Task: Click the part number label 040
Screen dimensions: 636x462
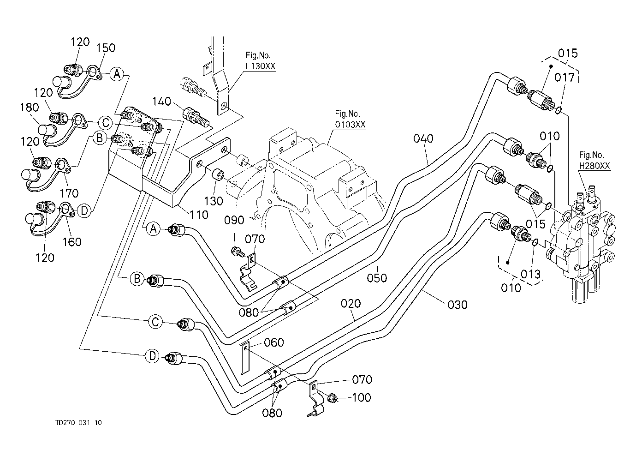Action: coord(423,138)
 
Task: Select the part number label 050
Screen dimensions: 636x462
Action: coord(377,278)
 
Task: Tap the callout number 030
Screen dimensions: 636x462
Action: coord(458,305)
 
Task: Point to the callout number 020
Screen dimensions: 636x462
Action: coord(351,304)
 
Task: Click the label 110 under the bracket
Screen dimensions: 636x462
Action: coord(199,215)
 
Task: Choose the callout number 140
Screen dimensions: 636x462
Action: coord(161,102)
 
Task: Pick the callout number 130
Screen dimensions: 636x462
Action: coord(214,201)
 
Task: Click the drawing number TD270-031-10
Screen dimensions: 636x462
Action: coord(78,423)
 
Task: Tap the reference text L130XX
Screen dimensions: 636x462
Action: coord(261,66)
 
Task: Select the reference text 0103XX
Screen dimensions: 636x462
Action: coord(350,125)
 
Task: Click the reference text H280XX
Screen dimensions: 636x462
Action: coord(594,166)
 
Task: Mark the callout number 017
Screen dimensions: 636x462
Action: coord(565,77)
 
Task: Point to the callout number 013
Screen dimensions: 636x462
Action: coord(530,274)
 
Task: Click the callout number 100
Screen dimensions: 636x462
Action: coord(362,398)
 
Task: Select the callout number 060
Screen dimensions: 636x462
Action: coord(273,342)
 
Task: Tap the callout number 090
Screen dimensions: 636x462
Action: coord(234,220)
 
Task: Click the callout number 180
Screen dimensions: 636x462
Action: coord(29,108)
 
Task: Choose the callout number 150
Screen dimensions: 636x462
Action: coord(106,48)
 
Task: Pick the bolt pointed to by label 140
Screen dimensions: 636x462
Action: coord(196,116)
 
